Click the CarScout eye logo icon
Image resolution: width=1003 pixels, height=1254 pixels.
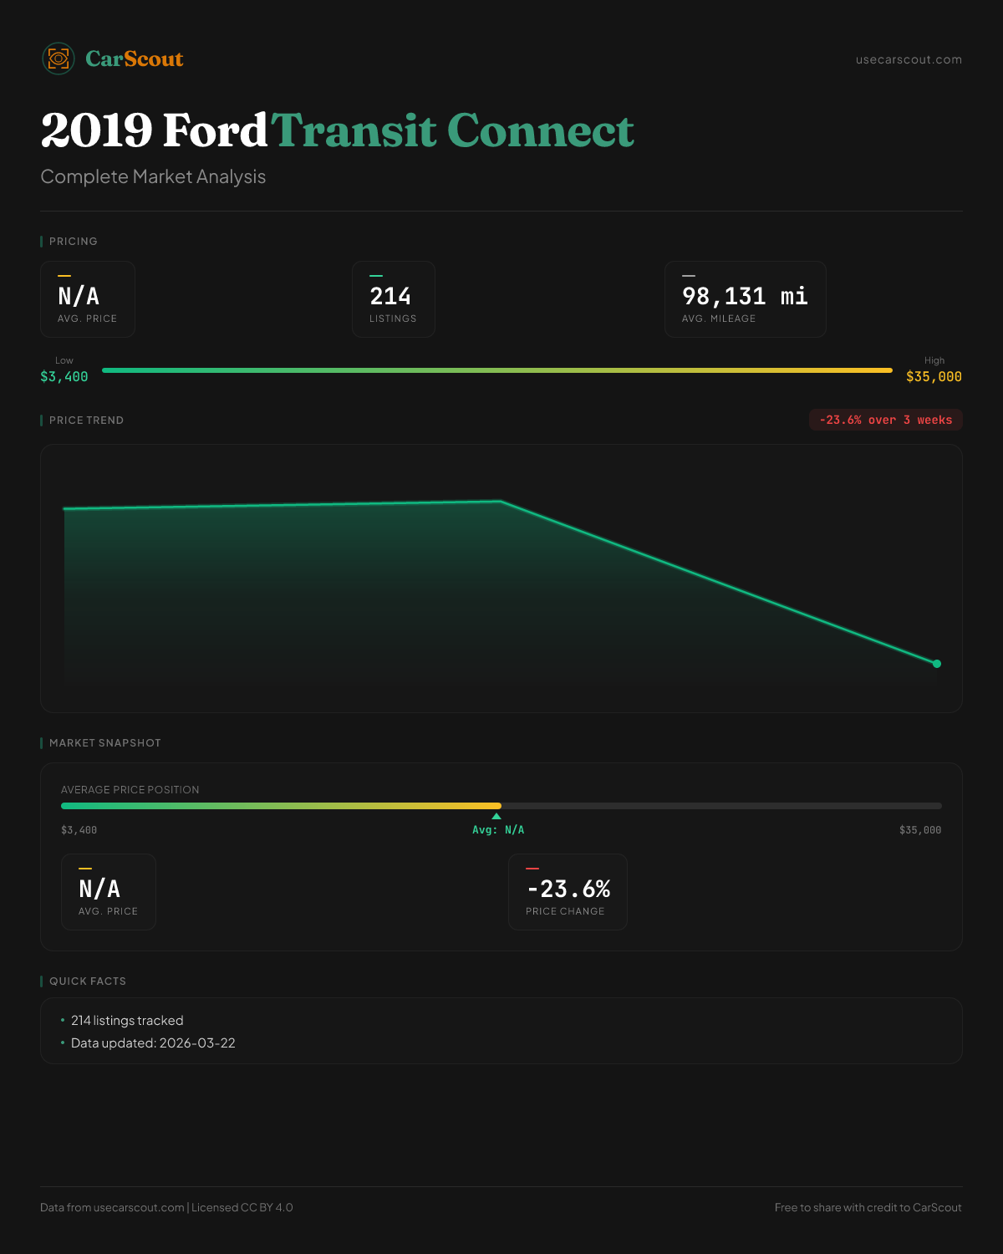[x=59, y=59]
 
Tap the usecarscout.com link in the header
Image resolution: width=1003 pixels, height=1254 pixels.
[x=909, y=59]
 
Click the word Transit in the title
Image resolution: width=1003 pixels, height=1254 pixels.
[x=354, y=130]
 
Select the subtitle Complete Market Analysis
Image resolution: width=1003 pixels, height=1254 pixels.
[x=153, y=176]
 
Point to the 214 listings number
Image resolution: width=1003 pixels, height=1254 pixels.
[x=390, y=296]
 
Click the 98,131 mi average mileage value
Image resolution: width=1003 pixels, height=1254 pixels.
[x=745, y=296]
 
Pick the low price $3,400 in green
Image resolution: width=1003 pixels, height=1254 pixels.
[x=64, y=377]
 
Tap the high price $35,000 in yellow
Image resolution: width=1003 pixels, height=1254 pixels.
[x=934, y=377]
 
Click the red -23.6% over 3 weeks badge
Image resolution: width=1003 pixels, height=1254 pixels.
[x=885, y=420]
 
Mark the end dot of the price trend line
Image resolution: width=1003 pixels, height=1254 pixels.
[x=937, y=664]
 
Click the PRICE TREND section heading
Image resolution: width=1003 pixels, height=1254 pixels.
[x=86, y=421]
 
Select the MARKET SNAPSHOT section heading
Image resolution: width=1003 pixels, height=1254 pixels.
[x=104, y=743]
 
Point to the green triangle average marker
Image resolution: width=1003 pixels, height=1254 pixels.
[x=496, y=816]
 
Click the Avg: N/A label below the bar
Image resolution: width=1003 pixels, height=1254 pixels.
[x=498, y=830]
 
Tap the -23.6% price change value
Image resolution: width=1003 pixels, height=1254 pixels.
[x=568, y=889]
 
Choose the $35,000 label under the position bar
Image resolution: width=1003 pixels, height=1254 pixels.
[x=920, y=830]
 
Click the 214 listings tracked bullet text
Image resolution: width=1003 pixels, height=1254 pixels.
[x=127, y=1021]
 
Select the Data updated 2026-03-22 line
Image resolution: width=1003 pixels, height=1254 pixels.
[x=153, y=1043]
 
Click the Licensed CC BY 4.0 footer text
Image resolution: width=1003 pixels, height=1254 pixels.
[x=242, y=1207]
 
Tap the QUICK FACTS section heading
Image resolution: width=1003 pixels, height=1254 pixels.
[x=87, y=981]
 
